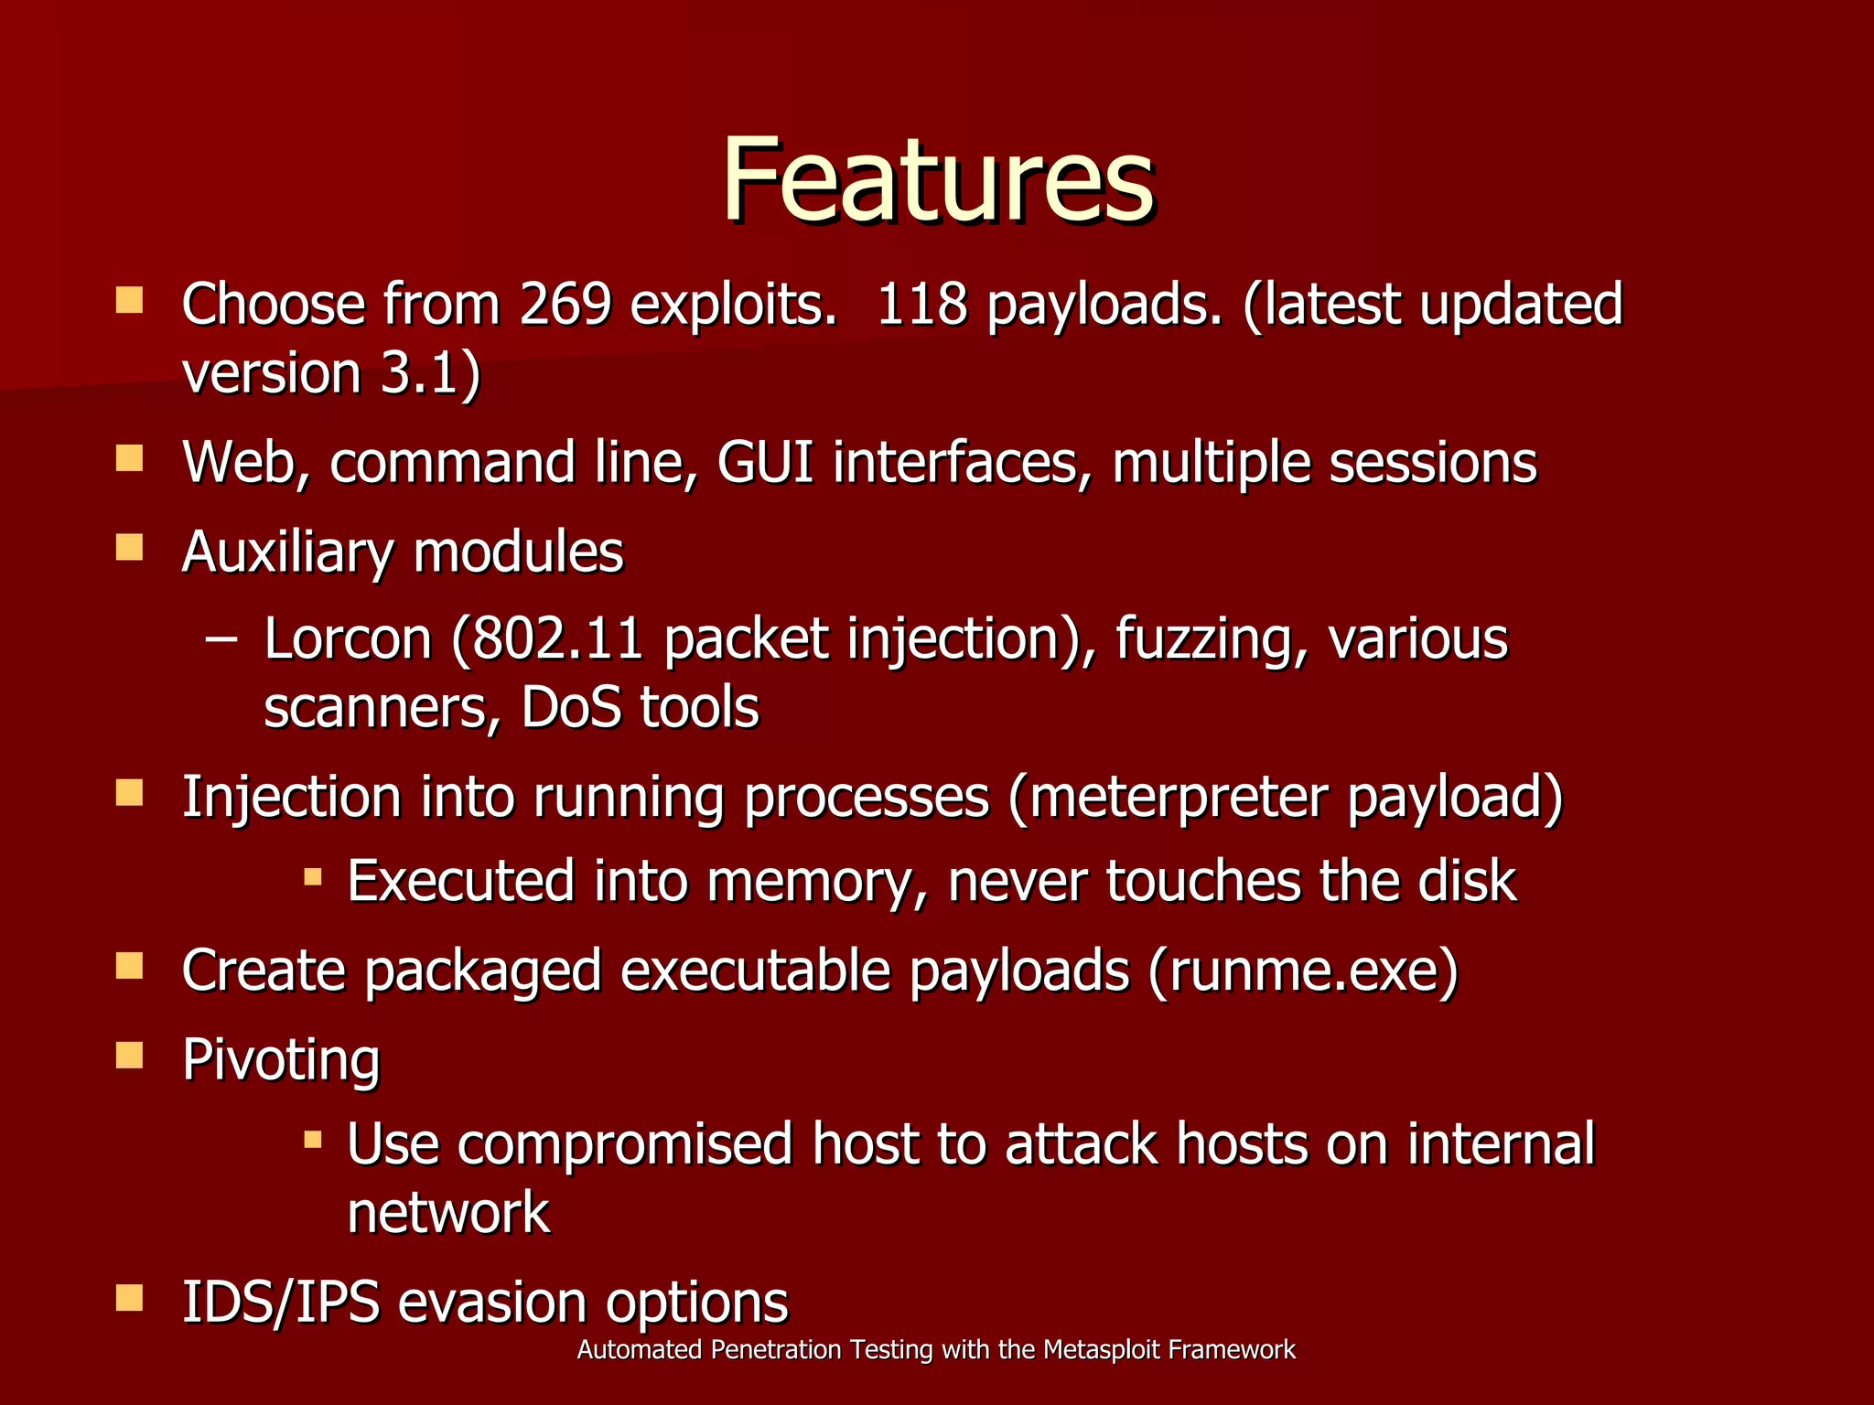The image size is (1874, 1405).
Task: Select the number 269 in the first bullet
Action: (565, 305)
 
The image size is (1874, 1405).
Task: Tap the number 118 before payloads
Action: (921, 305)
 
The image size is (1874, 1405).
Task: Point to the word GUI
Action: (765, 462)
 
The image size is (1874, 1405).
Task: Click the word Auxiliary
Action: (287, 553)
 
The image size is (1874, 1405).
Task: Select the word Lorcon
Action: (347, 638)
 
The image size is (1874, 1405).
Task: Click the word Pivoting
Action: (281, 1061)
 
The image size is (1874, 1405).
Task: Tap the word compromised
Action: (624, 1144)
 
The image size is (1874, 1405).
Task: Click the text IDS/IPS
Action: (281, 1302)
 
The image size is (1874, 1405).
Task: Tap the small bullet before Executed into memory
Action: (313, 877)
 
